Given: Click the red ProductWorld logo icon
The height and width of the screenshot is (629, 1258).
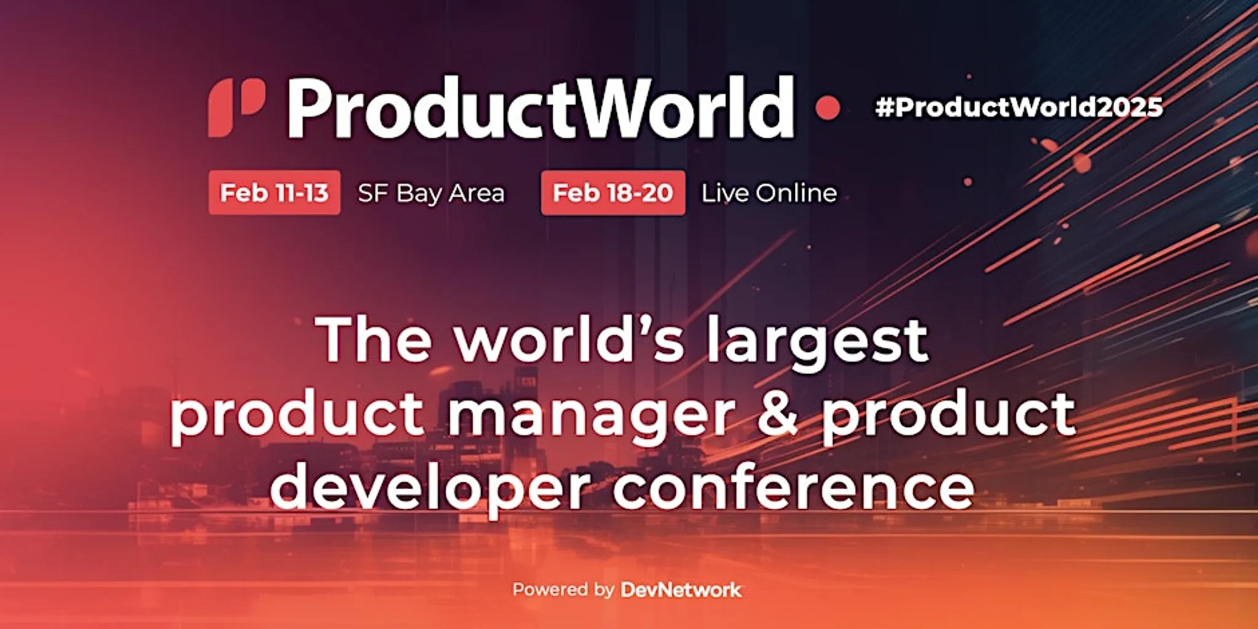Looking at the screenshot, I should pos(236,108).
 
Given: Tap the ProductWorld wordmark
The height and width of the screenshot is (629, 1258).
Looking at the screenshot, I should pos(541,108).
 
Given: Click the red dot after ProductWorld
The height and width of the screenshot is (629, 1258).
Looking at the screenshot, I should pos(827,108).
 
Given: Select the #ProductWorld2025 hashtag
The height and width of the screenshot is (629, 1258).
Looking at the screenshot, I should pos(1018,107).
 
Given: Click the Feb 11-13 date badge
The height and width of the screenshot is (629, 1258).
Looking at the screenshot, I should pos(274,193).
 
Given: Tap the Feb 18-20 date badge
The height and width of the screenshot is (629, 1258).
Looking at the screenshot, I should pos(612,193).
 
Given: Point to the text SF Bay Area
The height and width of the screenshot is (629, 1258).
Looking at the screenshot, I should pos(431,193).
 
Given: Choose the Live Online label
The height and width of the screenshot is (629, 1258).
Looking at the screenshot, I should pos(769,193).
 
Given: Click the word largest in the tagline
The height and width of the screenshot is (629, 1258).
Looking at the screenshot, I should pos(817,341).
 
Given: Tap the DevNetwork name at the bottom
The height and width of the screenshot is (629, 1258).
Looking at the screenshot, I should pos(681,590).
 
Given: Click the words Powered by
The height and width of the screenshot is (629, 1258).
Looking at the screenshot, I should pos(563,590).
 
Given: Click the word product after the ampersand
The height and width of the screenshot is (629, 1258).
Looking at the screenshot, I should pos(948,415).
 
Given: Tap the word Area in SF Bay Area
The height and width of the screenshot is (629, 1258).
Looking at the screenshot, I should pos(476,193).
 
